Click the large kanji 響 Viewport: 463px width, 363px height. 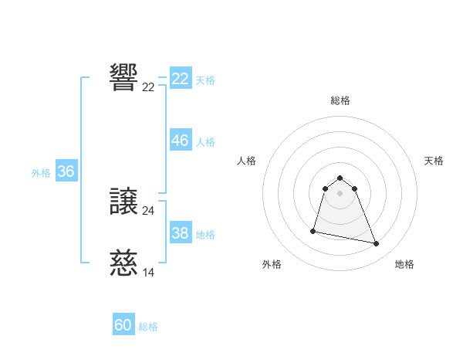123,77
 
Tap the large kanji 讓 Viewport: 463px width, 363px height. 123,202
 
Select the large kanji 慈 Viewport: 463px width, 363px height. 123,264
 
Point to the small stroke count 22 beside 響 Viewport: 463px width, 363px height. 148,87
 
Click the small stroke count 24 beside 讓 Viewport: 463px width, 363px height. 148,210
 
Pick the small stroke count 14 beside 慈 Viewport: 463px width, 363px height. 148,272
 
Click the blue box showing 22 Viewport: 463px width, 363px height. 180,79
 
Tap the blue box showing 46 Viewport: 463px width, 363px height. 180,141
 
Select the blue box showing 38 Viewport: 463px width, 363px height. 180,232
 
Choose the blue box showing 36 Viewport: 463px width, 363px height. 66,171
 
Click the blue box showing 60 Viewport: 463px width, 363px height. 123,325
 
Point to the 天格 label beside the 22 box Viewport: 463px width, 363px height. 205,80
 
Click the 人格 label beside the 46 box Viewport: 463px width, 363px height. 205,142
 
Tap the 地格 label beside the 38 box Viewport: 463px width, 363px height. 205,234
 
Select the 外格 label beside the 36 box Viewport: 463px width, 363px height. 41,173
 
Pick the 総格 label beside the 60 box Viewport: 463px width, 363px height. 148,327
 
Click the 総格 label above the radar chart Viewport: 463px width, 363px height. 340,100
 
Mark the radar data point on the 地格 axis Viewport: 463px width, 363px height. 377,244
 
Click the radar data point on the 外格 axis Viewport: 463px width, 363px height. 313,231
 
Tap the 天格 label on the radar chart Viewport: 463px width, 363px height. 434,161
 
